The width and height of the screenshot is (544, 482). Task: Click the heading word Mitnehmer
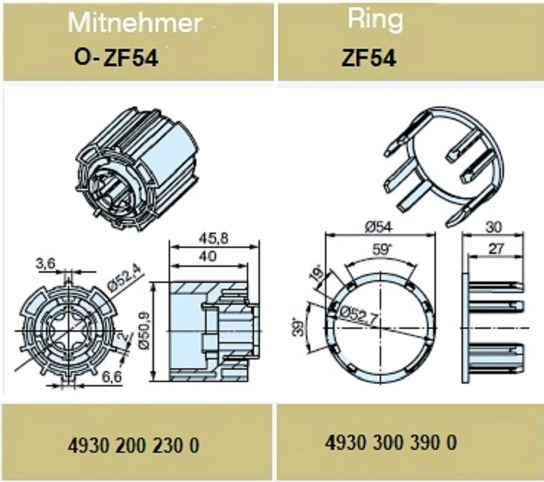[135, 23]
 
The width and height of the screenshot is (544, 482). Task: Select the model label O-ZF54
[116, 58]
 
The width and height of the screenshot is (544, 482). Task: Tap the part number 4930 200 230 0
[134, 445]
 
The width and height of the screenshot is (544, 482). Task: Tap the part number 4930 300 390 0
[391, 443]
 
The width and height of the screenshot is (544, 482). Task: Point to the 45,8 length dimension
[214, 238]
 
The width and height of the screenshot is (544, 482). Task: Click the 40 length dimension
[208, 256]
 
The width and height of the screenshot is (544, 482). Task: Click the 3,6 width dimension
[45, 264]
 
